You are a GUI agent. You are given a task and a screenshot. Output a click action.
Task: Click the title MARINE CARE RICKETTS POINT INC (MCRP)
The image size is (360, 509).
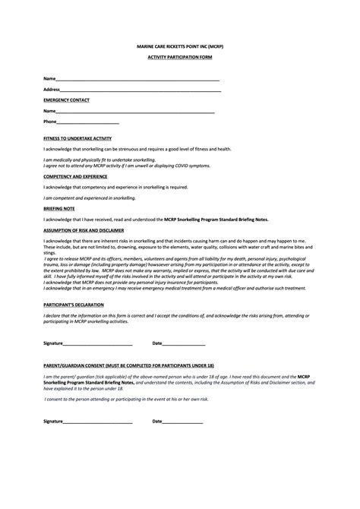tap(179, 46)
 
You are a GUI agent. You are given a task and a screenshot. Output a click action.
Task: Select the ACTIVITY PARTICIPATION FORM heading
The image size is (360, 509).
tap(179, 58)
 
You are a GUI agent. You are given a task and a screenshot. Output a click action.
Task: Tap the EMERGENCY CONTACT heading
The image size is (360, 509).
tap(66, 100)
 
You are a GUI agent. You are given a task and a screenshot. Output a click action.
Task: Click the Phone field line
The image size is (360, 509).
tap(87, 122)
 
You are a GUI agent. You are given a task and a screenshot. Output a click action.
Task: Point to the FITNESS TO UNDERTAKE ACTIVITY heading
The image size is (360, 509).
tap(77, 138)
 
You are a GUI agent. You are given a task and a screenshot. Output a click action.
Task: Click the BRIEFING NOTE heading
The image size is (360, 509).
tap(58, 207)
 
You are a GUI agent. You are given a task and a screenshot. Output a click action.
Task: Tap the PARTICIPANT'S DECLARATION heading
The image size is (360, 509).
tap(72, 302)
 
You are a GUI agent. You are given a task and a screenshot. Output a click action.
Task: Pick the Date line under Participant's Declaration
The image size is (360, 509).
tap(182, 343)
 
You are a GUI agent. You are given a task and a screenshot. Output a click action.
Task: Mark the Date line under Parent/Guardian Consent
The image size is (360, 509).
tap(182, 422)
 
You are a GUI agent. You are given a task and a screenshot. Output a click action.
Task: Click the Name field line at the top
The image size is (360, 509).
tap(137, 79)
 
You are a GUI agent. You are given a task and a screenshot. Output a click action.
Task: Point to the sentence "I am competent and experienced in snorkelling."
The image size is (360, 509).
tap(90, 197)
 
